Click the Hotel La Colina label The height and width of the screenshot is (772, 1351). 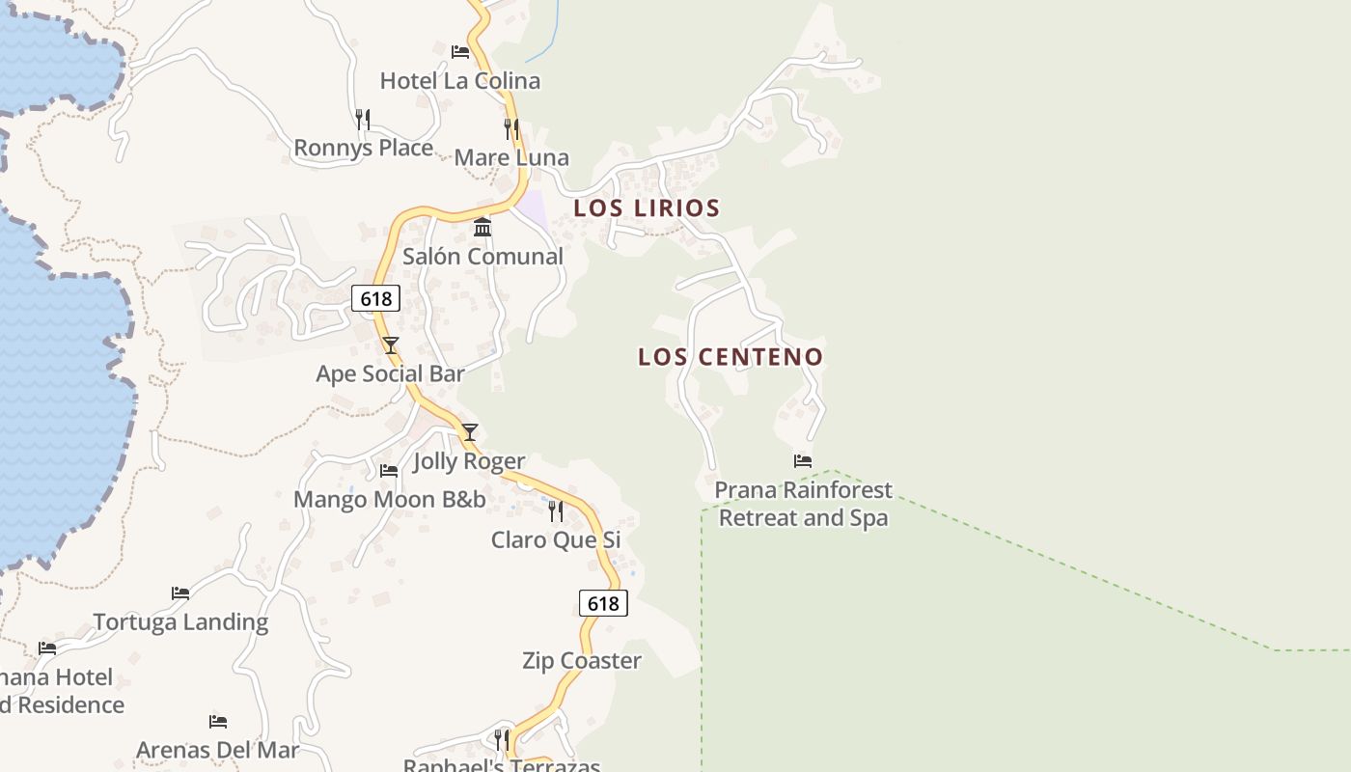pos(459,81)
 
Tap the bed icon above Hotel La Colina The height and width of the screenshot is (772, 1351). pos(460,51)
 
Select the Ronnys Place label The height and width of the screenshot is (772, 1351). pos(363,149)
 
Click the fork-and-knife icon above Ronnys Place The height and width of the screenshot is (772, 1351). pos(363,119)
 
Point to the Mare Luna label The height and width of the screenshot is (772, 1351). pos(511,158)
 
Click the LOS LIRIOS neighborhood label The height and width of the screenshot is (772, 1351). pos(647,207)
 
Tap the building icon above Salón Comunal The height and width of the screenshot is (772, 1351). pos(482,227)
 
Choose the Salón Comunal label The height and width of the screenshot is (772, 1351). pos(482,257)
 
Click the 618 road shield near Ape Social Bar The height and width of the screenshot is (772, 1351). pos(375,298)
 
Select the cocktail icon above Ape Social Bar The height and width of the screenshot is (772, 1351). pos(390,345)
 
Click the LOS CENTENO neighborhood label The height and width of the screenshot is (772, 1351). pos(731,357)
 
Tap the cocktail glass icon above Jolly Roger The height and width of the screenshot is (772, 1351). pos(469,431)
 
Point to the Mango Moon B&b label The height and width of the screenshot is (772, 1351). pos(390,500)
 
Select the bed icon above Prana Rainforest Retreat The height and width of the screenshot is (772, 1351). pos(803,460)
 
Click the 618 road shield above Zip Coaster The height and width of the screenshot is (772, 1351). pos(603,604)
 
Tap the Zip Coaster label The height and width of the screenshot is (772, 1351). pos(582,661)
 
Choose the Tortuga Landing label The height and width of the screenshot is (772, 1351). pos(180,622)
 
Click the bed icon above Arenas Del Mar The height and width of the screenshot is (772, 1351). pos(218,721)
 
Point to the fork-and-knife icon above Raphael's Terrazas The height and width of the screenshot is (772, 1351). pos(502,740)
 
